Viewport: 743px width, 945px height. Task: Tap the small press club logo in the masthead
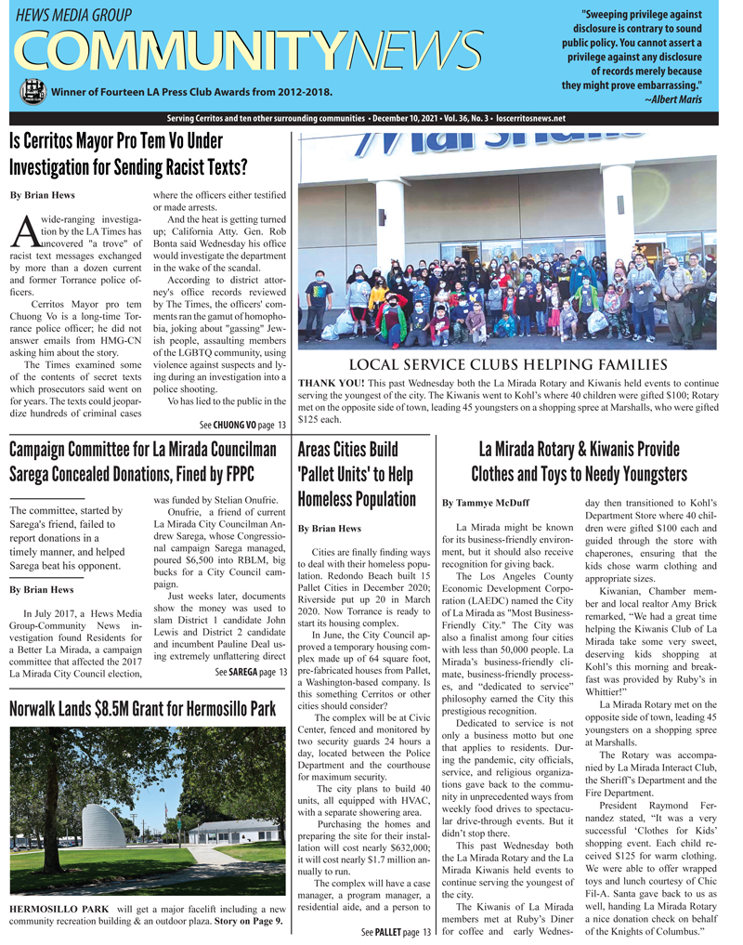33,90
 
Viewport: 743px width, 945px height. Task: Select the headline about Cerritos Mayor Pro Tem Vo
128,155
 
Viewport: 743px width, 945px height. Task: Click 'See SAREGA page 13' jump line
251,646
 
